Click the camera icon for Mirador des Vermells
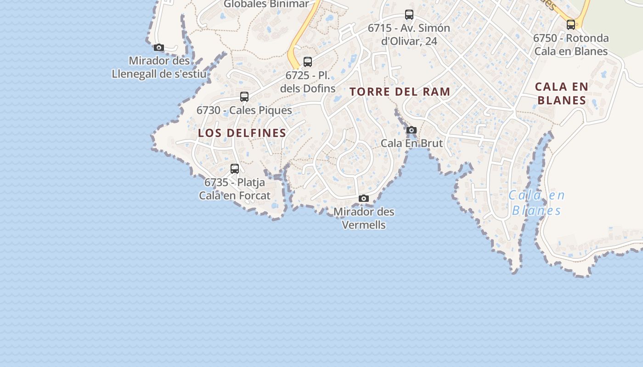click(x=364, y=198)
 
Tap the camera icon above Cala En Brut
click(x=412, y=130)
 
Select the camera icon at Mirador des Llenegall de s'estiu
click(x=159, y=47)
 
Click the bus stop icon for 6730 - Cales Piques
click(x=244, y=97)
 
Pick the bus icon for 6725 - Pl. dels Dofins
click(x=308, y=61)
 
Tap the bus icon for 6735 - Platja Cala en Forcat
click(x=235, y=169)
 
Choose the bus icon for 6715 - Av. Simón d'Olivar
click(x=409, y=15)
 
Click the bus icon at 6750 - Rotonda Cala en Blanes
click(x=571, y=25)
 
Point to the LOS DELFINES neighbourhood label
click(x=242, y=133)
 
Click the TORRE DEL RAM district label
click(x=400, y=92)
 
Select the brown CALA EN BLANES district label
click(x=561, y=94)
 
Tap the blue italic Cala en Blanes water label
click(x=536, y=203)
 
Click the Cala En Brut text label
click(x=412, y=143)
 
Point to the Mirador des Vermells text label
click(x=364, y=218)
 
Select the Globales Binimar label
click(x=266, y=4)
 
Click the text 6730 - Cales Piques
click(x=244, y=110)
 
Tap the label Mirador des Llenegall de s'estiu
click(x=159, y=67)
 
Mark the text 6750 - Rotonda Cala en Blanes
click(x=571, y=44)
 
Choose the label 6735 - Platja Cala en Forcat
click(x=235, y=189)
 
